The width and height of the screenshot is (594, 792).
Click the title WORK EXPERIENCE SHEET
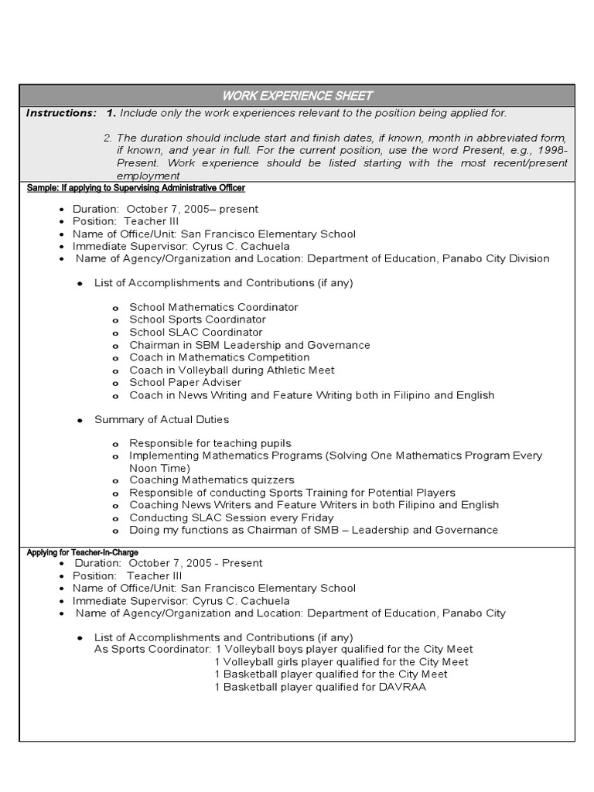(x=297, y=96)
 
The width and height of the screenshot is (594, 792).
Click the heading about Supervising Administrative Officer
(x=135, y=188)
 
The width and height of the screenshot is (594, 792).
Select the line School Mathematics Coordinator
(x=213, y=307)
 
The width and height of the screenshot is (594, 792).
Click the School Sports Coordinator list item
(x=197, y=319)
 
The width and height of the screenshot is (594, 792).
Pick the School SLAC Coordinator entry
(x=196, y=333)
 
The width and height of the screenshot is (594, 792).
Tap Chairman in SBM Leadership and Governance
(x=249, y=345)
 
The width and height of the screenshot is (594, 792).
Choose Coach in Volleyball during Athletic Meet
(x=232, y=370)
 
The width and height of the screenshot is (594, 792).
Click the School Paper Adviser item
(x=186, y=383)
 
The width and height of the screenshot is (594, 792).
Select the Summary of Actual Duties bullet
(x=161, y=419)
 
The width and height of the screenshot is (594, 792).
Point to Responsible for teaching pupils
(x=210, y=443)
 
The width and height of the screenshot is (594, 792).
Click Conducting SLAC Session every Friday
(x=231, y=517)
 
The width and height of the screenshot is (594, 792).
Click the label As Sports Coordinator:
(x=152, y=650)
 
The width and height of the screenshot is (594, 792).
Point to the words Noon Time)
(x=159, y=468)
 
